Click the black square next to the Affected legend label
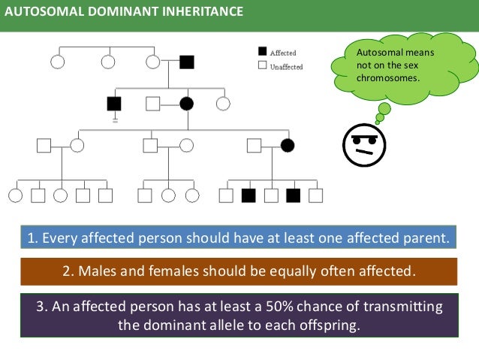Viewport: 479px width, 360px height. [262, 52]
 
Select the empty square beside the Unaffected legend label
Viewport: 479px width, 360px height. [262, 66]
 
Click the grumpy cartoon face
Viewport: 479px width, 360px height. [364, 144]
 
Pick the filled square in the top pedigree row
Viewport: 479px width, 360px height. [187, 62]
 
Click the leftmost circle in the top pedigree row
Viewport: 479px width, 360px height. [58, 62]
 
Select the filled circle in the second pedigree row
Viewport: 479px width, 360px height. [187, 103]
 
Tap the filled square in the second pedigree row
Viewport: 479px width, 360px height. [114, 103]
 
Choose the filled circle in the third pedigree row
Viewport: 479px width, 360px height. [286, 145]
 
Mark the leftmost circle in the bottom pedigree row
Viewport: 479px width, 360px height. [16, 195]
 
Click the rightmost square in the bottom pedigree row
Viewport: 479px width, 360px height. [315, 195]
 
